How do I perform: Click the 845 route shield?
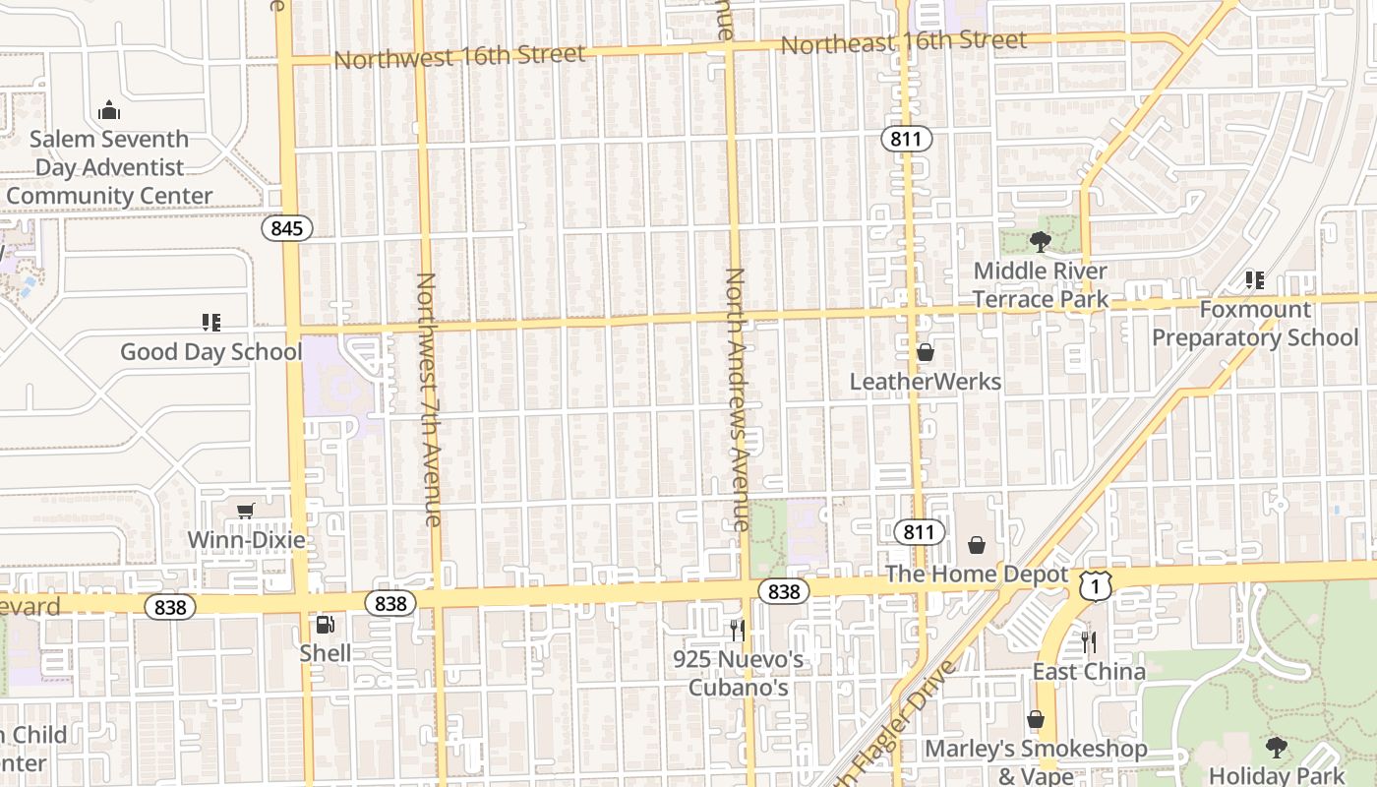pos(286,228)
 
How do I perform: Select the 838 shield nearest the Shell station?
pos(390,603)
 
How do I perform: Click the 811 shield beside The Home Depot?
pos(919,532)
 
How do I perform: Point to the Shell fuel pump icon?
pos(324,624)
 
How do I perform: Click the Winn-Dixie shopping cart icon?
pos(246,511)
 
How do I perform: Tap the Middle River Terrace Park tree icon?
pos(1040,241)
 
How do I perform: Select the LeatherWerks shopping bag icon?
pos(925,352)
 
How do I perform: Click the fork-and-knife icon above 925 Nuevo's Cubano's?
pos(737,630)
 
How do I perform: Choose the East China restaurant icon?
pos(1088,642)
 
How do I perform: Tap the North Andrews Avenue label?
pos(737,398)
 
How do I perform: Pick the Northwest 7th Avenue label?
pos(427,398)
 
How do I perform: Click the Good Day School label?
pos(210,351)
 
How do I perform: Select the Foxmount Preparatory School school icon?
pos(1254,280)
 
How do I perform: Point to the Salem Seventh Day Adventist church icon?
pos(109,110)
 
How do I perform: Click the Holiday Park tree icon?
pos(1276,748)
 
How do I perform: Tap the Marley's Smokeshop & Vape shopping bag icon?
pos(1035,719)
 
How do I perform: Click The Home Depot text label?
pos(977,574)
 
